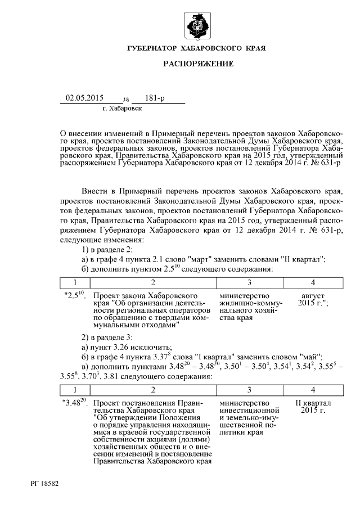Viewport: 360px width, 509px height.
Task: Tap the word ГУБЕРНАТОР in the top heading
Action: [152, 49]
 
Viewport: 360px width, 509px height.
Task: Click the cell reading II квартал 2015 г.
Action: [313, 407]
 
